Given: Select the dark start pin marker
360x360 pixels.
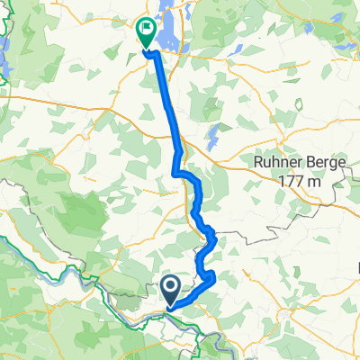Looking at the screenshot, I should point(171,290).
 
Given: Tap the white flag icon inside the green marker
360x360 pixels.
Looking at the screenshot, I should point(145,31).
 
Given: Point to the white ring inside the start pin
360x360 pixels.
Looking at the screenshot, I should point(171,286).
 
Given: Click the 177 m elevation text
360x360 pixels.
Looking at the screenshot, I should point(296,184).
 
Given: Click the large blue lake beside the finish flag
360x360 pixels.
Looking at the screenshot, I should point(169,20).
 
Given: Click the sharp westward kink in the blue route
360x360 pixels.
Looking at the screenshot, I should point(175,171).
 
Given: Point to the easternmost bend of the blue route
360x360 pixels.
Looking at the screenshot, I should point(215,238).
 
